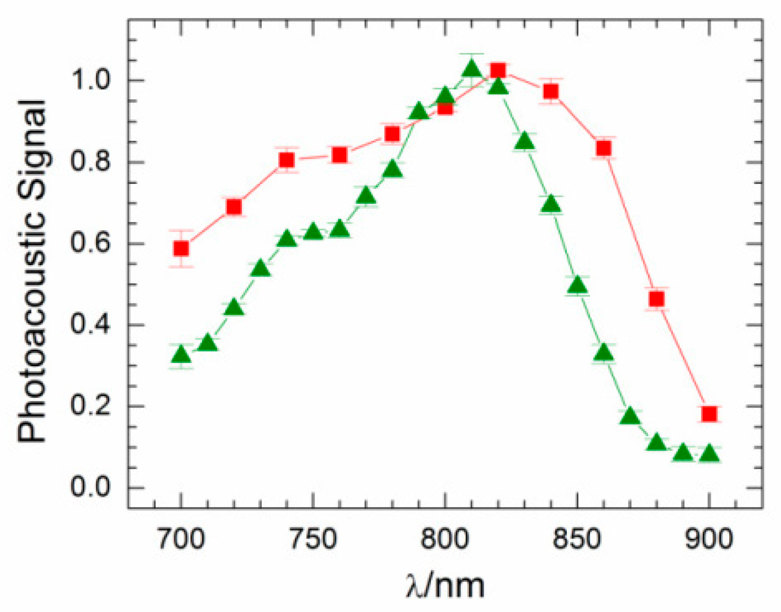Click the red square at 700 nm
click(x=181, y=249)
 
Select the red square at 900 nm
click(x=709, y=414)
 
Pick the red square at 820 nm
click(x=498, y=71)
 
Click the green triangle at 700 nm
click(x=181, y=355)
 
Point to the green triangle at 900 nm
click(x=709, y=454)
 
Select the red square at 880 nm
click(x=657, y=299)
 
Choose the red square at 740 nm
click(x=287, y=160)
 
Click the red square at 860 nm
click(x=604, y=148)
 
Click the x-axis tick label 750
click(x=313, y=539)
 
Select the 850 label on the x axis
click(x=577, y=539)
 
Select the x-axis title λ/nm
click(x=445, y=586)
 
